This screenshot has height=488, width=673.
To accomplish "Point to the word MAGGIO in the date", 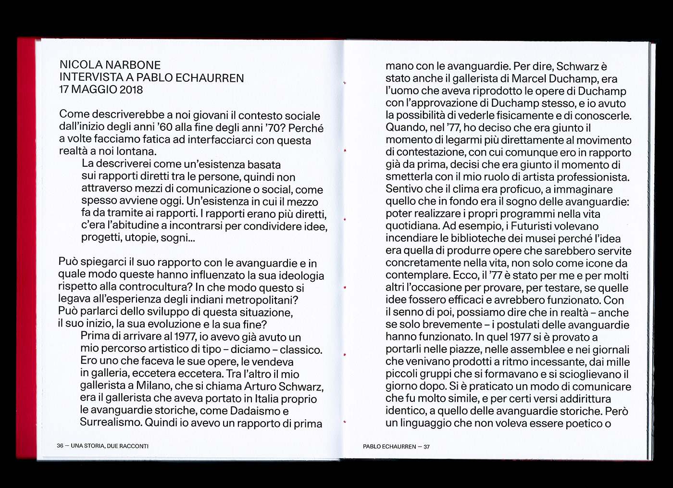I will click(x=92, y=90).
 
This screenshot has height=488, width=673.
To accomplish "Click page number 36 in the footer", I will click(x=60, y=446).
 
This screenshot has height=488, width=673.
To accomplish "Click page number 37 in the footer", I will click(x=427, y=447).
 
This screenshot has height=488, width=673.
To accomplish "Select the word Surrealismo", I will click(x=111, y=423).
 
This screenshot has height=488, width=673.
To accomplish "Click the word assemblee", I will click(x=525, y=350).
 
